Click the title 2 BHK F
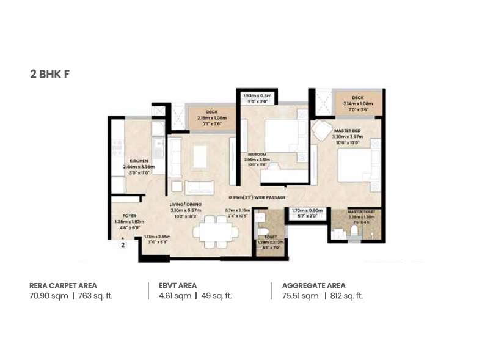52,75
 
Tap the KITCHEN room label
139,161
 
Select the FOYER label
129,216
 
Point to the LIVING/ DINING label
186,205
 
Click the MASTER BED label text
347,131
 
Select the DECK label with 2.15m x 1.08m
211,112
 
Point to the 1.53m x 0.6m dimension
257,96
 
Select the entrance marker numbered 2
123,244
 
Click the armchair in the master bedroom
321,130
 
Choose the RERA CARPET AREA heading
63,285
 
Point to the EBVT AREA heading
178,285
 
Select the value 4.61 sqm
174,296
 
